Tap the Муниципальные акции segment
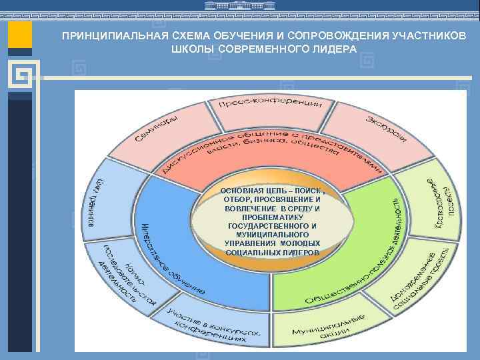click(327, 325)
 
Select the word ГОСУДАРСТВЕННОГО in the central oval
click(272, 226)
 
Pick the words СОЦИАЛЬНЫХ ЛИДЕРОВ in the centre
click(272, 253)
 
